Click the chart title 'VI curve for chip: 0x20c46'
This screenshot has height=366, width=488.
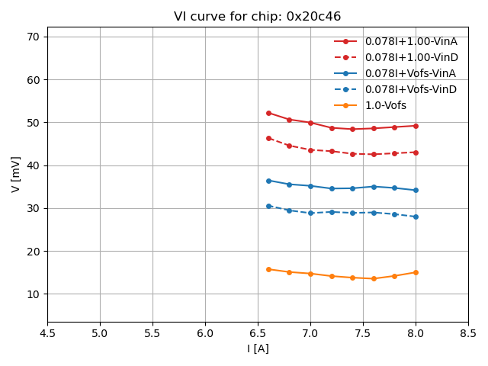pyautogui.click(x=258, y=17)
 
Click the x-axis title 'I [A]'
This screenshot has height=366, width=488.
pyautogui.click(x=258, y=348)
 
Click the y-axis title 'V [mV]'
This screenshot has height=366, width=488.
pyautogui.click(x=16, y=174)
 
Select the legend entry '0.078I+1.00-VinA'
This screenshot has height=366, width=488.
pyautogui.click(x=411, y=41)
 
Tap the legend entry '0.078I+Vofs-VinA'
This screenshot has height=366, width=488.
pyautogui.click(x=410, y=73)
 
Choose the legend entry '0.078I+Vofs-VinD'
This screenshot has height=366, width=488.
pyautogui.click(x=410, y=89)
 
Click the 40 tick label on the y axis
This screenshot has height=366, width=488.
pyautogui.click(x=34, y=165)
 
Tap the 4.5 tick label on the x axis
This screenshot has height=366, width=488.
pyautogui.click(x=47, y=333)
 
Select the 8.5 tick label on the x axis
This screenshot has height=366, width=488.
pyautogui.click(x=468, y=333)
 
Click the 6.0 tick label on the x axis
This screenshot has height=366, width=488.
pyautogui.click(x=205, y=333)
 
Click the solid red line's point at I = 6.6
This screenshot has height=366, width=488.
pyautogui.click(x=268, y=113)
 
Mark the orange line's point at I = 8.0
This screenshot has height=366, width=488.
pyautogui.click(x=416, y=272)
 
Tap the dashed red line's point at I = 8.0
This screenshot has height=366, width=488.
pyautogui.click(x=416, y=152)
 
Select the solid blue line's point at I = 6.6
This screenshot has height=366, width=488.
pyautogui.click(x=268, y=181)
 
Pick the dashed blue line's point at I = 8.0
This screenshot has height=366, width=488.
pyautogui.click(x=416, y=217)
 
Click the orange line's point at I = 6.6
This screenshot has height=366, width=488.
pyautogui.click(x=268, y=269)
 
